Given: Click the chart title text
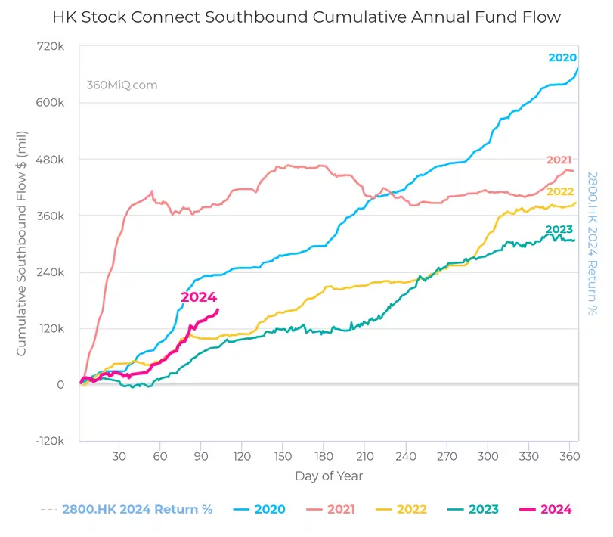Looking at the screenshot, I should [306, 17].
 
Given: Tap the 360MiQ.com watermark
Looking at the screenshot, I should [122, 85].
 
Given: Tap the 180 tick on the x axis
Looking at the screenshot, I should [324, 457].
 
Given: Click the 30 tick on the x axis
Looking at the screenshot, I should [119, 457].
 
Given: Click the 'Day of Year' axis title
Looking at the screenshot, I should [329, 476].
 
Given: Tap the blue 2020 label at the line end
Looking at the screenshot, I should [562, 57].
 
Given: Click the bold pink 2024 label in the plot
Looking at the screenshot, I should [199, 297].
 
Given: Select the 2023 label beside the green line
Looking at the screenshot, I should [559, 229].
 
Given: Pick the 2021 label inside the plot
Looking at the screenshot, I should [559, 160].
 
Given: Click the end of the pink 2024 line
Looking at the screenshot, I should [218, 309].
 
